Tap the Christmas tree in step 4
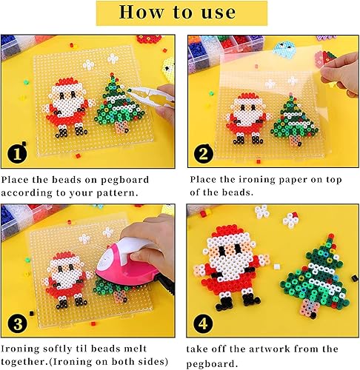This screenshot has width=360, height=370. (314, 270)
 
